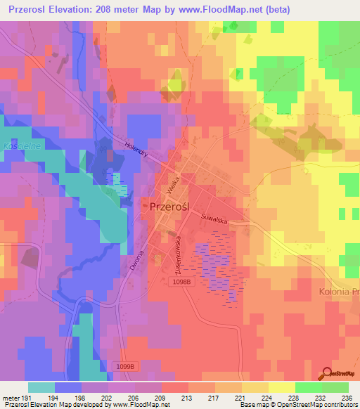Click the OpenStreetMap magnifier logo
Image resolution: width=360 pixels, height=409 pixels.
click(328, 372)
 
